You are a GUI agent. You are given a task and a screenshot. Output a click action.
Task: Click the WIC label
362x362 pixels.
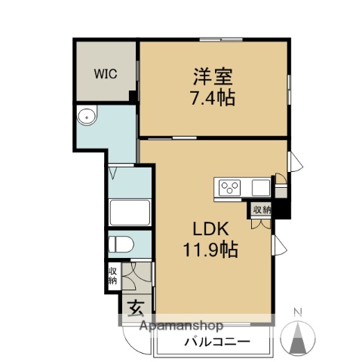(105, 74)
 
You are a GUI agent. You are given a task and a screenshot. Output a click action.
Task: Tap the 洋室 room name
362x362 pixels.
(213, 76)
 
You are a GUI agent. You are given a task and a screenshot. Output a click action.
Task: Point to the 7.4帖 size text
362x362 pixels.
(213, 98)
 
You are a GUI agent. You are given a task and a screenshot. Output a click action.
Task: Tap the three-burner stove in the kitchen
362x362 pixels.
(230, 186)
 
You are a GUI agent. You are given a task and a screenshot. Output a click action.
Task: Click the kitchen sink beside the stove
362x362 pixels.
(261, 186)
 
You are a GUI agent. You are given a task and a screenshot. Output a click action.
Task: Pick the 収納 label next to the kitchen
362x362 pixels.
(262, 210)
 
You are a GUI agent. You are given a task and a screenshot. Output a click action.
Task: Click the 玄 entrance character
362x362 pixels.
(136, 309)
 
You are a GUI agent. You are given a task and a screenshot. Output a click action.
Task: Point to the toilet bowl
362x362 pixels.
(122, 244)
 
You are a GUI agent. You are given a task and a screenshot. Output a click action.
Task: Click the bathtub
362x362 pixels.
(130, 213)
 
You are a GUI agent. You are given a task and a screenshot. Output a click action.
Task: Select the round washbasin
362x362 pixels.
(87, 117)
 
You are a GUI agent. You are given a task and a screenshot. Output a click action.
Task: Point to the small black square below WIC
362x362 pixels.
(133, 97)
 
